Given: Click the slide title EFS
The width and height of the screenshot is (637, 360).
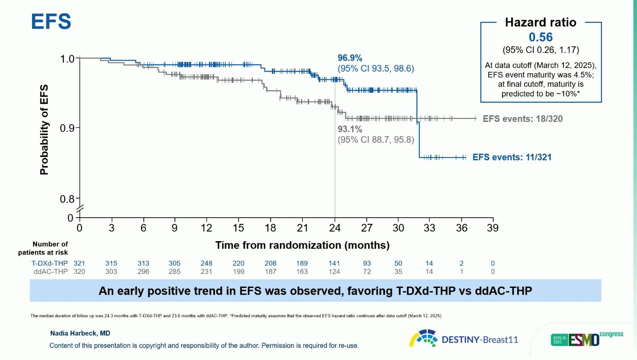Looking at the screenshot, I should coord(51,21).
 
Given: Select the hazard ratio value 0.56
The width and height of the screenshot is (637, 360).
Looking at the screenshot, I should coord(541,37).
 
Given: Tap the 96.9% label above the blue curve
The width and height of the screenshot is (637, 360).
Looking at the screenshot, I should coord(350,58).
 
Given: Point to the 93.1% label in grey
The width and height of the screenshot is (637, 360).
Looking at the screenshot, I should coord(350,129).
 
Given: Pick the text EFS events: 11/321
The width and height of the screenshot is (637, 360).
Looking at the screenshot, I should coord(512,157).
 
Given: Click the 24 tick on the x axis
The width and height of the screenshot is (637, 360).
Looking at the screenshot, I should coord(334,228).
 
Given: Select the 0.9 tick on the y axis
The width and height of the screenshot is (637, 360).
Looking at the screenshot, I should coord(69,128).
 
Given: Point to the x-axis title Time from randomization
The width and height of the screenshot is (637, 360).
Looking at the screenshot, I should coord(302,245).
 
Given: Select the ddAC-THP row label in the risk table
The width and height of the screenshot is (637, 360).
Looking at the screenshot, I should coord(51,271).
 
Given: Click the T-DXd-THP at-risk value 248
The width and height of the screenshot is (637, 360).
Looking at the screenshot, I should coord(207,263).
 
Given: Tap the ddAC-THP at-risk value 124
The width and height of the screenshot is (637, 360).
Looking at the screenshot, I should coord(334,271).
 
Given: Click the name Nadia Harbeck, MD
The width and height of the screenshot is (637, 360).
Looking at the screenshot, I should coord(73,333).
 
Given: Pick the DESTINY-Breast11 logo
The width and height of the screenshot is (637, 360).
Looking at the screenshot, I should coord(464,339).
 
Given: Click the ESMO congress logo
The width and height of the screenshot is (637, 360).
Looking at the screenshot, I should coord(587,339).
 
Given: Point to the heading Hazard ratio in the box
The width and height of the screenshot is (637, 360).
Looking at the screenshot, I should coord(540,23).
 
